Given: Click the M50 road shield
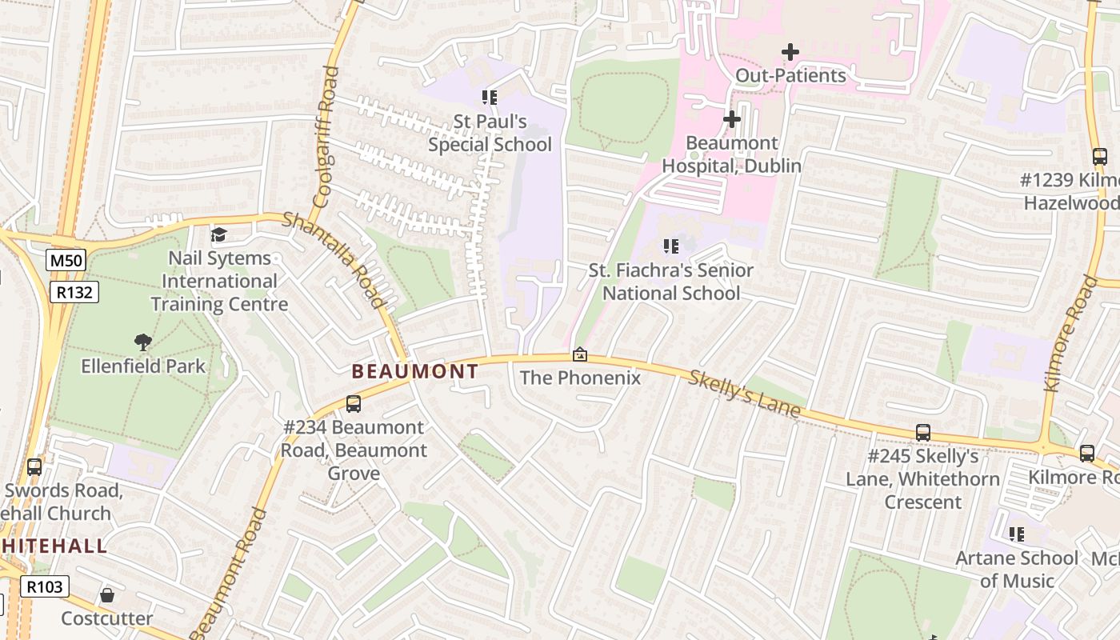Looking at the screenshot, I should [x=66, y=260].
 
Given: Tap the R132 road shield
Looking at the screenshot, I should [x=74, y=292].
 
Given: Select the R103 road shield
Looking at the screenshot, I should [x=44, y=586].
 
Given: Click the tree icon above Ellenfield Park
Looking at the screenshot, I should [x=143, y=342].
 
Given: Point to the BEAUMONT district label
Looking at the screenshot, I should [x=415, y=371].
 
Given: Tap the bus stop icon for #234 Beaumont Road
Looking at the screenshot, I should [x=353, y=404].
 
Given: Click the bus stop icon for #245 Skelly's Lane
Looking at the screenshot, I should [x=923, y=433].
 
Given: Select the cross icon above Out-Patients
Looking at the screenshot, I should [x=790, y=52].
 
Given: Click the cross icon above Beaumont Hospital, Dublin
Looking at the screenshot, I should [x=731, y=119].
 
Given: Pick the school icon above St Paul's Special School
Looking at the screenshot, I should [x=489, y=98].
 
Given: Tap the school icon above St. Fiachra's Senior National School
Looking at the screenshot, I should [x=670, y=246].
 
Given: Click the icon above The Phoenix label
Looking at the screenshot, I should [x=580, y=354].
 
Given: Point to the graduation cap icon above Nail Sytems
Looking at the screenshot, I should [x=218, y=234].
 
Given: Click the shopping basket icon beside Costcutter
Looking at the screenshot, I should [x=106, y=595].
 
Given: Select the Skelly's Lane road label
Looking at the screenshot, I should [x=744, y=394].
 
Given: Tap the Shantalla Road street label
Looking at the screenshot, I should [x=334, y=259].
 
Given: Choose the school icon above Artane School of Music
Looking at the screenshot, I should [x=1016, y=534].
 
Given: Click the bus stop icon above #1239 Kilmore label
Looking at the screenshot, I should [x=1099, y=157].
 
